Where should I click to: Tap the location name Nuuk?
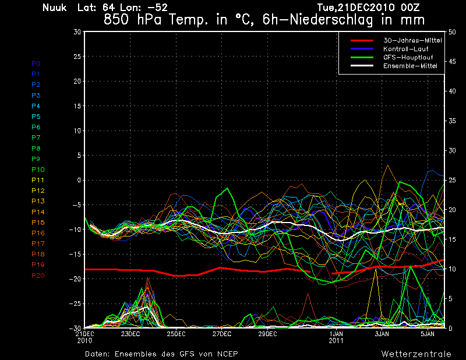click(x=55, y=8)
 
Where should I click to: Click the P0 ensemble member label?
click(x=36, y=63)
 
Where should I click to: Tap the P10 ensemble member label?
click(x=38, y=170)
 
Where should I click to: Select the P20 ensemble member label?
click(x=38, y=276)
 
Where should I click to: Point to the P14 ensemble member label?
click(x=38, y=212)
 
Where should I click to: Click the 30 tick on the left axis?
click(x=77, y=32)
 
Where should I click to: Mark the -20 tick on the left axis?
click(x=75, y=279)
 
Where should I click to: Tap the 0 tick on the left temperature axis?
click(x=79, y=181)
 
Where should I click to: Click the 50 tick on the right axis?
click(x=452, y=32)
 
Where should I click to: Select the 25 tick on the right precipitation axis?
click(x=452, y=180)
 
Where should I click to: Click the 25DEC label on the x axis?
click(x=176, y=334)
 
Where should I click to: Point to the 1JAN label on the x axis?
click(x=336, y=334)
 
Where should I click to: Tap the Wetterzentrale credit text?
click(x=416, y=354)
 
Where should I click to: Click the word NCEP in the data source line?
click(x=227, y=354)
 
